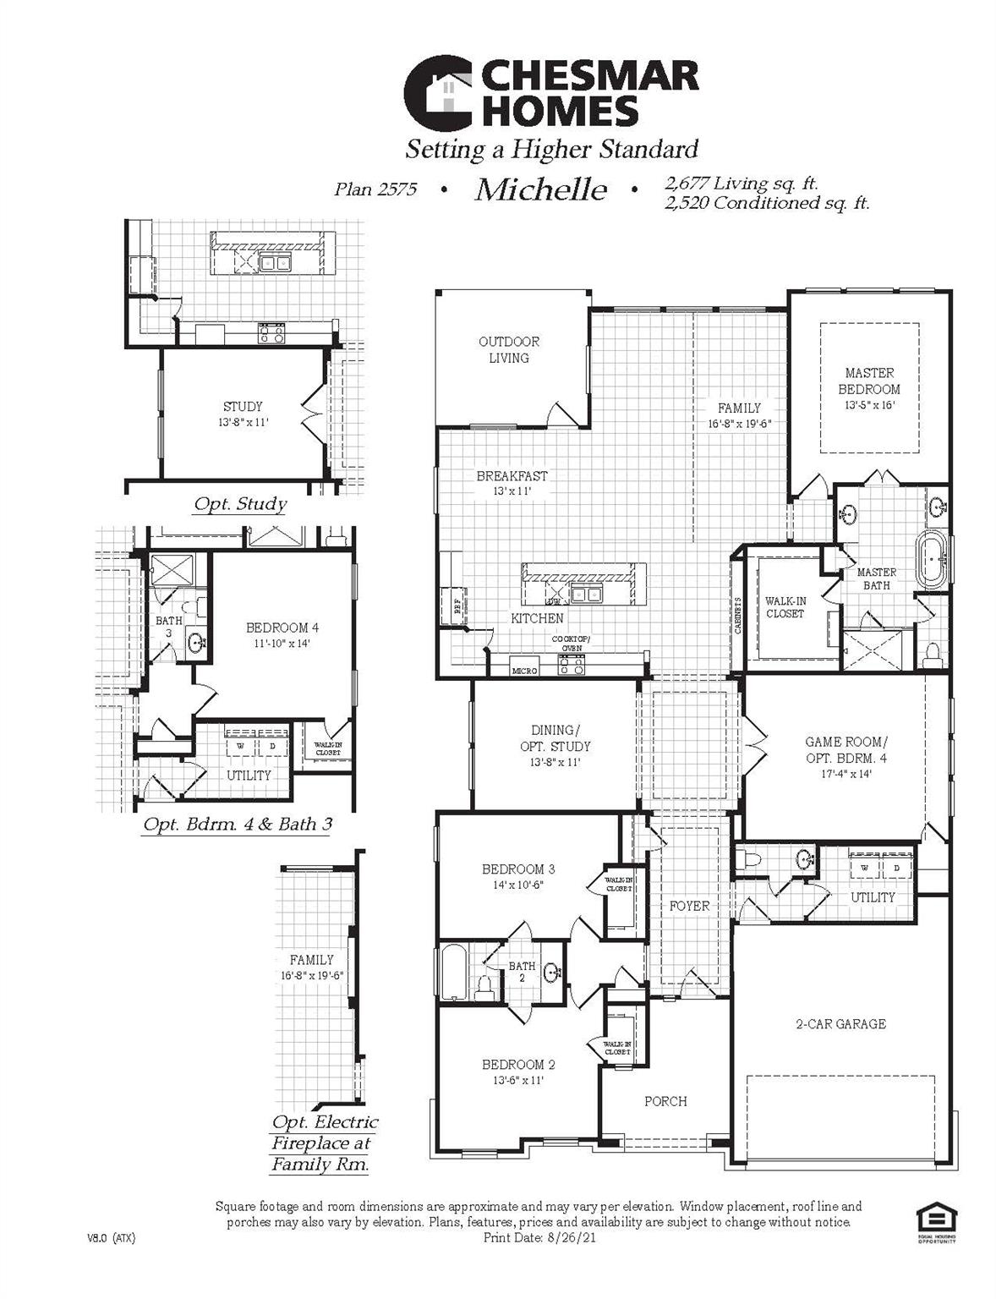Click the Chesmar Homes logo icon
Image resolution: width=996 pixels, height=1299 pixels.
click(x=438, y=92)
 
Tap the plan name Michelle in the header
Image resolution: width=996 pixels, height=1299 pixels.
click(x=540, y=189)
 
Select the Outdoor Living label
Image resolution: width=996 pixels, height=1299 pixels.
click(x=509, y=350)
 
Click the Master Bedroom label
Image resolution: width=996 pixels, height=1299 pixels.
click(x=869, y=381)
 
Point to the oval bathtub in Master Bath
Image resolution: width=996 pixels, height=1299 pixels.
click(x=933, y=561)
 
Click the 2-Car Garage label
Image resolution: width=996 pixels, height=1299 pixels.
click(x=840, y=1024)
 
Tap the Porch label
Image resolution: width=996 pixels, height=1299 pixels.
click(x=665, y=1101)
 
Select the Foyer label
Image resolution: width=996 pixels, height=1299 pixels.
click(x=689, y=906)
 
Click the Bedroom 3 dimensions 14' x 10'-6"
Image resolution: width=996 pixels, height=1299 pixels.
click(x=518, y=885)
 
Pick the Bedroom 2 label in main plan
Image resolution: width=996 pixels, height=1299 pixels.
click(x=518, y=1065)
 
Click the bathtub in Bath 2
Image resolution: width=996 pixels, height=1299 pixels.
click(x=451, y=973)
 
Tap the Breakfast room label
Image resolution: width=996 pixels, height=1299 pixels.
click(x=512, y=476)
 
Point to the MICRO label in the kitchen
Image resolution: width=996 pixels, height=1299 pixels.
click(x=525, y=671)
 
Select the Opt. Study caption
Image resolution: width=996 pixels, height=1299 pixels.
click(x=240, y=505)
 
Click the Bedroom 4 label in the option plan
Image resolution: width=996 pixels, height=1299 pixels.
click(x=282, y=628)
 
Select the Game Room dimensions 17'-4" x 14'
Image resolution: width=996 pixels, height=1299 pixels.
click(x=846, y=774)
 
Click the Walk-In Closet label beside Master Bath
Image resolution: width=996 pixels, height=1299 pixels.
click(x=785, y=607)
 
